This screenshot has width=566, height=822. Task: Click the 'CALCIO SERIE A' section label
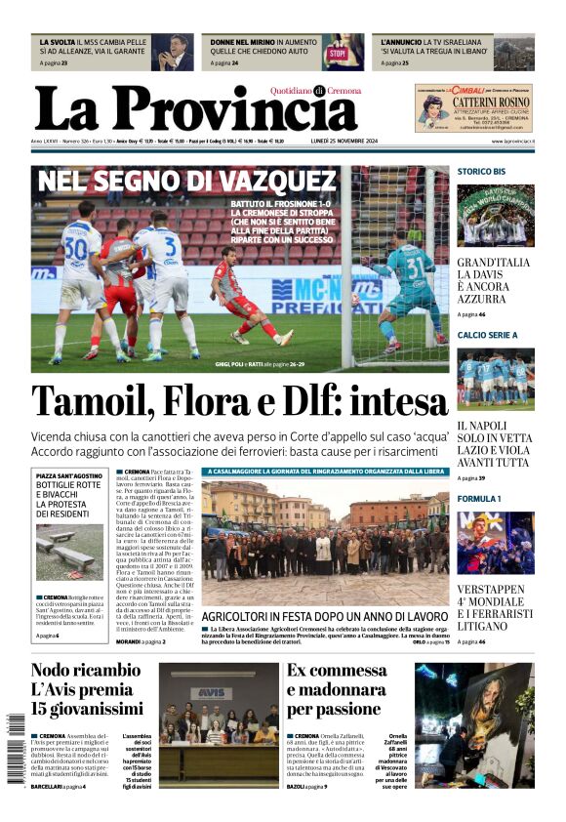pyautogui.click(x=488, y=335)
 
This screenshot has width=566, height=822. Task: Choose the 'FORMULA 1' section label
pyautogui.click(x=479, y=498)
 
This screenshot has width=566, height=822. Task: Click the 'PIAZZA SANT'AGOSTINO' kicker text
pyautogui.click(x=69, y=475)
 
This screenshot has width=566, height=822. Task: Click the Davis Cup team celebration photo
pyautogui.click(x=495, y=215)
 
